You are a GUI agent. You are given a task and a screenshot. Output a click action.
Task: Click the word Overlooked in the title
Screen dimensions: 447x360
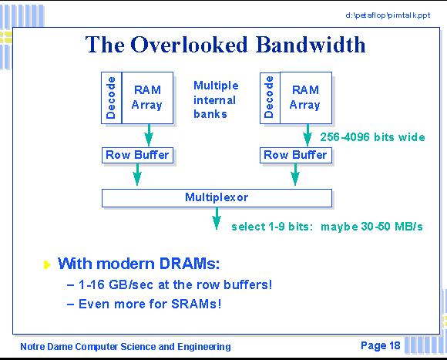(x=189, y=45)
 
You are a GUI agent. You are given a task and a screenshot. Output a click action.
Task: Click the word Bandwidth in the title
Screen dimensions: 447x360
(x=311, y=45)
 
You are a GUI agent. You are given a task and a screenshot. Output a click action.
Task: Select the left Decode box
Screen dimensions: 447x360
(x=112, y=98)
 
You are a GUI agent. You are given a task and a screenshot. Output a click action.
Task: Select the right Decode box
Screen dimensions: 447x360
(x=270, y=98)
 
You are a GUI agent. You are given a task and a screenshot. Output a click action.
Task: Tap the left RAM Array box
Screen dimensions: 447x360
(x=147, y=98)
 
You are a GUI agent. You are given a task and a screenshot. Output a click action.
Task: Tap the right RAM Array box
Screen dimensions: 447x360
(x=306, y=98)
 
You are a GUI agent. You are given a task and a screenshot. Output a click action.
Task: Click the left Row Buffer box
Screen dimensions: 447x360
(x=137, y=156)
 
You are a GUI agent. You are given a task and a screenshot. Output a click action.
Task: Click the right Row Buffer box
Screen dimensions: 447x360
(x=296, y=156)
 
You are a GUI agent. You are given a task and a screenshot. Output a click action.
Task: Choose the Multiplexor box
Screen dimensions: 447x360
(x=217, y=198)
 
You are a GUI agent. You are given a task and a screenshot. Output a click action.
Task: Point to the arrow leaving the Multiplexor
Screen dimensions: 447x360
(x=217, y=218)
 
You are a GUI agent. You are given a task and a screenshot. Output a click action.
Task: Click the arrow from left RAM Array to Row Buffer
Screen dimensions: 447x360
(x=149, y=135)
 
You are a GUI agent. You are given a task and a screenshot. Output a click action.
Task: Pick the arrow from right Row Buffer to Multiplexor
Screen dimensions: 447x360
(x=295, y=174)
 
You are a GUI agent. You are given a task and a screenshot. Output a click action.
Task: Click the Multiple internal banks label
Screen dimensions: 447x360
(x=216, y=99)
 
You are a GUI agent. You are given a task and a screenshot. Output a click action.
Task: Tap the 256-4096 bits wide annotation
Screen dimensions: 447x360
(x=372, y=137)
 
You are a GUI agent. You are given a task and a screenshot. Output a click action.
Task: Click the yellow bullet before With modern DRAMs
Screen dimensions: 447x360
(x=47, y=265)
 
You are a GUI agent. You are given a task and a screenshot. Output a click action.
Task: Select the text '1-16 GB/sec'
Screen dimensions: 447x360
(x=116, y=284)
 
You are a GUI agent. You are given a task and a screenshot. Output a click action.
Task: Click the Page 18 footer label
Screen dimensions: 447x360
(x=381, y=345)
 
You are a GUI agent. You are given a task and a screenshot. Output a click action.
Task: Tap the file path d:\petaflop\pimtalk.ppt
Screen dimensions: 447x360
(x=388, y=15)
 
